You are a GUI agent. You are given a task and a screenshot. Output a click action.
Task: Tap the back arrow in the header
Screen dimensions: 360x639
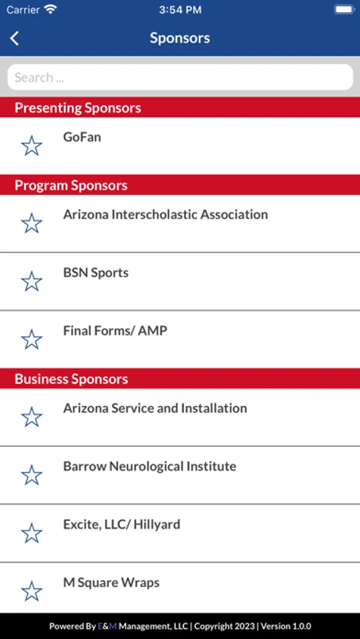pos(14,38)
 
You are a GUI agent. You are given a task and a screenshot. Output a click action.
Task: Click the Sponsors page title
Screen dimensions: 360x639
pos(180,38)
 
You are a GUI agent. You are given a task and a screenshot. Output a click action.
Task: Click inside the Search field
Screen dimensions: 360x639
pos(180,77)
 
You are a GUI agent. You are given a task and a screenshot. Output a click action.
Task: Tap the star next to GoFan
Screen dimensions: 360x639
pos(31,146)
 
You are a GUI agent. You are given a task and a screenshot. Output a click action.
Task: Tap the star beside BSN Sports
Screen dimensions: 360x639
pos(31,282)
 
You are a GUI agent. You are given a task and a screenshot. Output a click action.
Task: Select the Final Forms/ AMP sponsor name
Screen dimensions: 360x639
pos(115,330)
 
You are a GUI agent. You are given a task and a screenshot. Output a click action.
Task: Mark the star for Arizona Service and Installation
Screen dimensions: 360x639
pos(31,417)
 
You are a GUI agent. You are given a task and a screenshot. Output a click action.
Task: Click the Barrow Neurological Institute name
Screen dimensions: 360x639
pos(150,466)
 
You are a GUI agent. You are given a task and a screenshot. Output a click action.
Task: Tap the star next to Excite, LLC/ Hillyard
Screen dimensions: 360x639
pos(31,533)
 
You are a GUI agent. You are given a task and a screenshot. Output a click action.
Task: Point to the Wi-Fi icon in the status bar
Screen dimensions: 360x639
pos(50,9)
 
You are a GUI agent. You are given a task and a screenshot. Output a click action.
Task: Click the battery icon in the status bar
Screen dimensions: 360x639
pos(344,9)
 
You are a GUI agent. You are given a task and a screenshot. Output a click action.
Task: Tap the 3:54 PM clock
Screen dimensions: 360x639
pos(180,10)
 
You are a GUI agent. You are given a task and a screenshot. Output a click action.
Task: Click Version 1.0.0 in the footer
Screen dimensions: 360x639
pos(285,626)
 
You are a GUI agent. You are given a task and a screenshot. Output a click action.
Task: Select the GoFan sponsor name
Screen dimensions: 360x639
pos(82,137)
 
